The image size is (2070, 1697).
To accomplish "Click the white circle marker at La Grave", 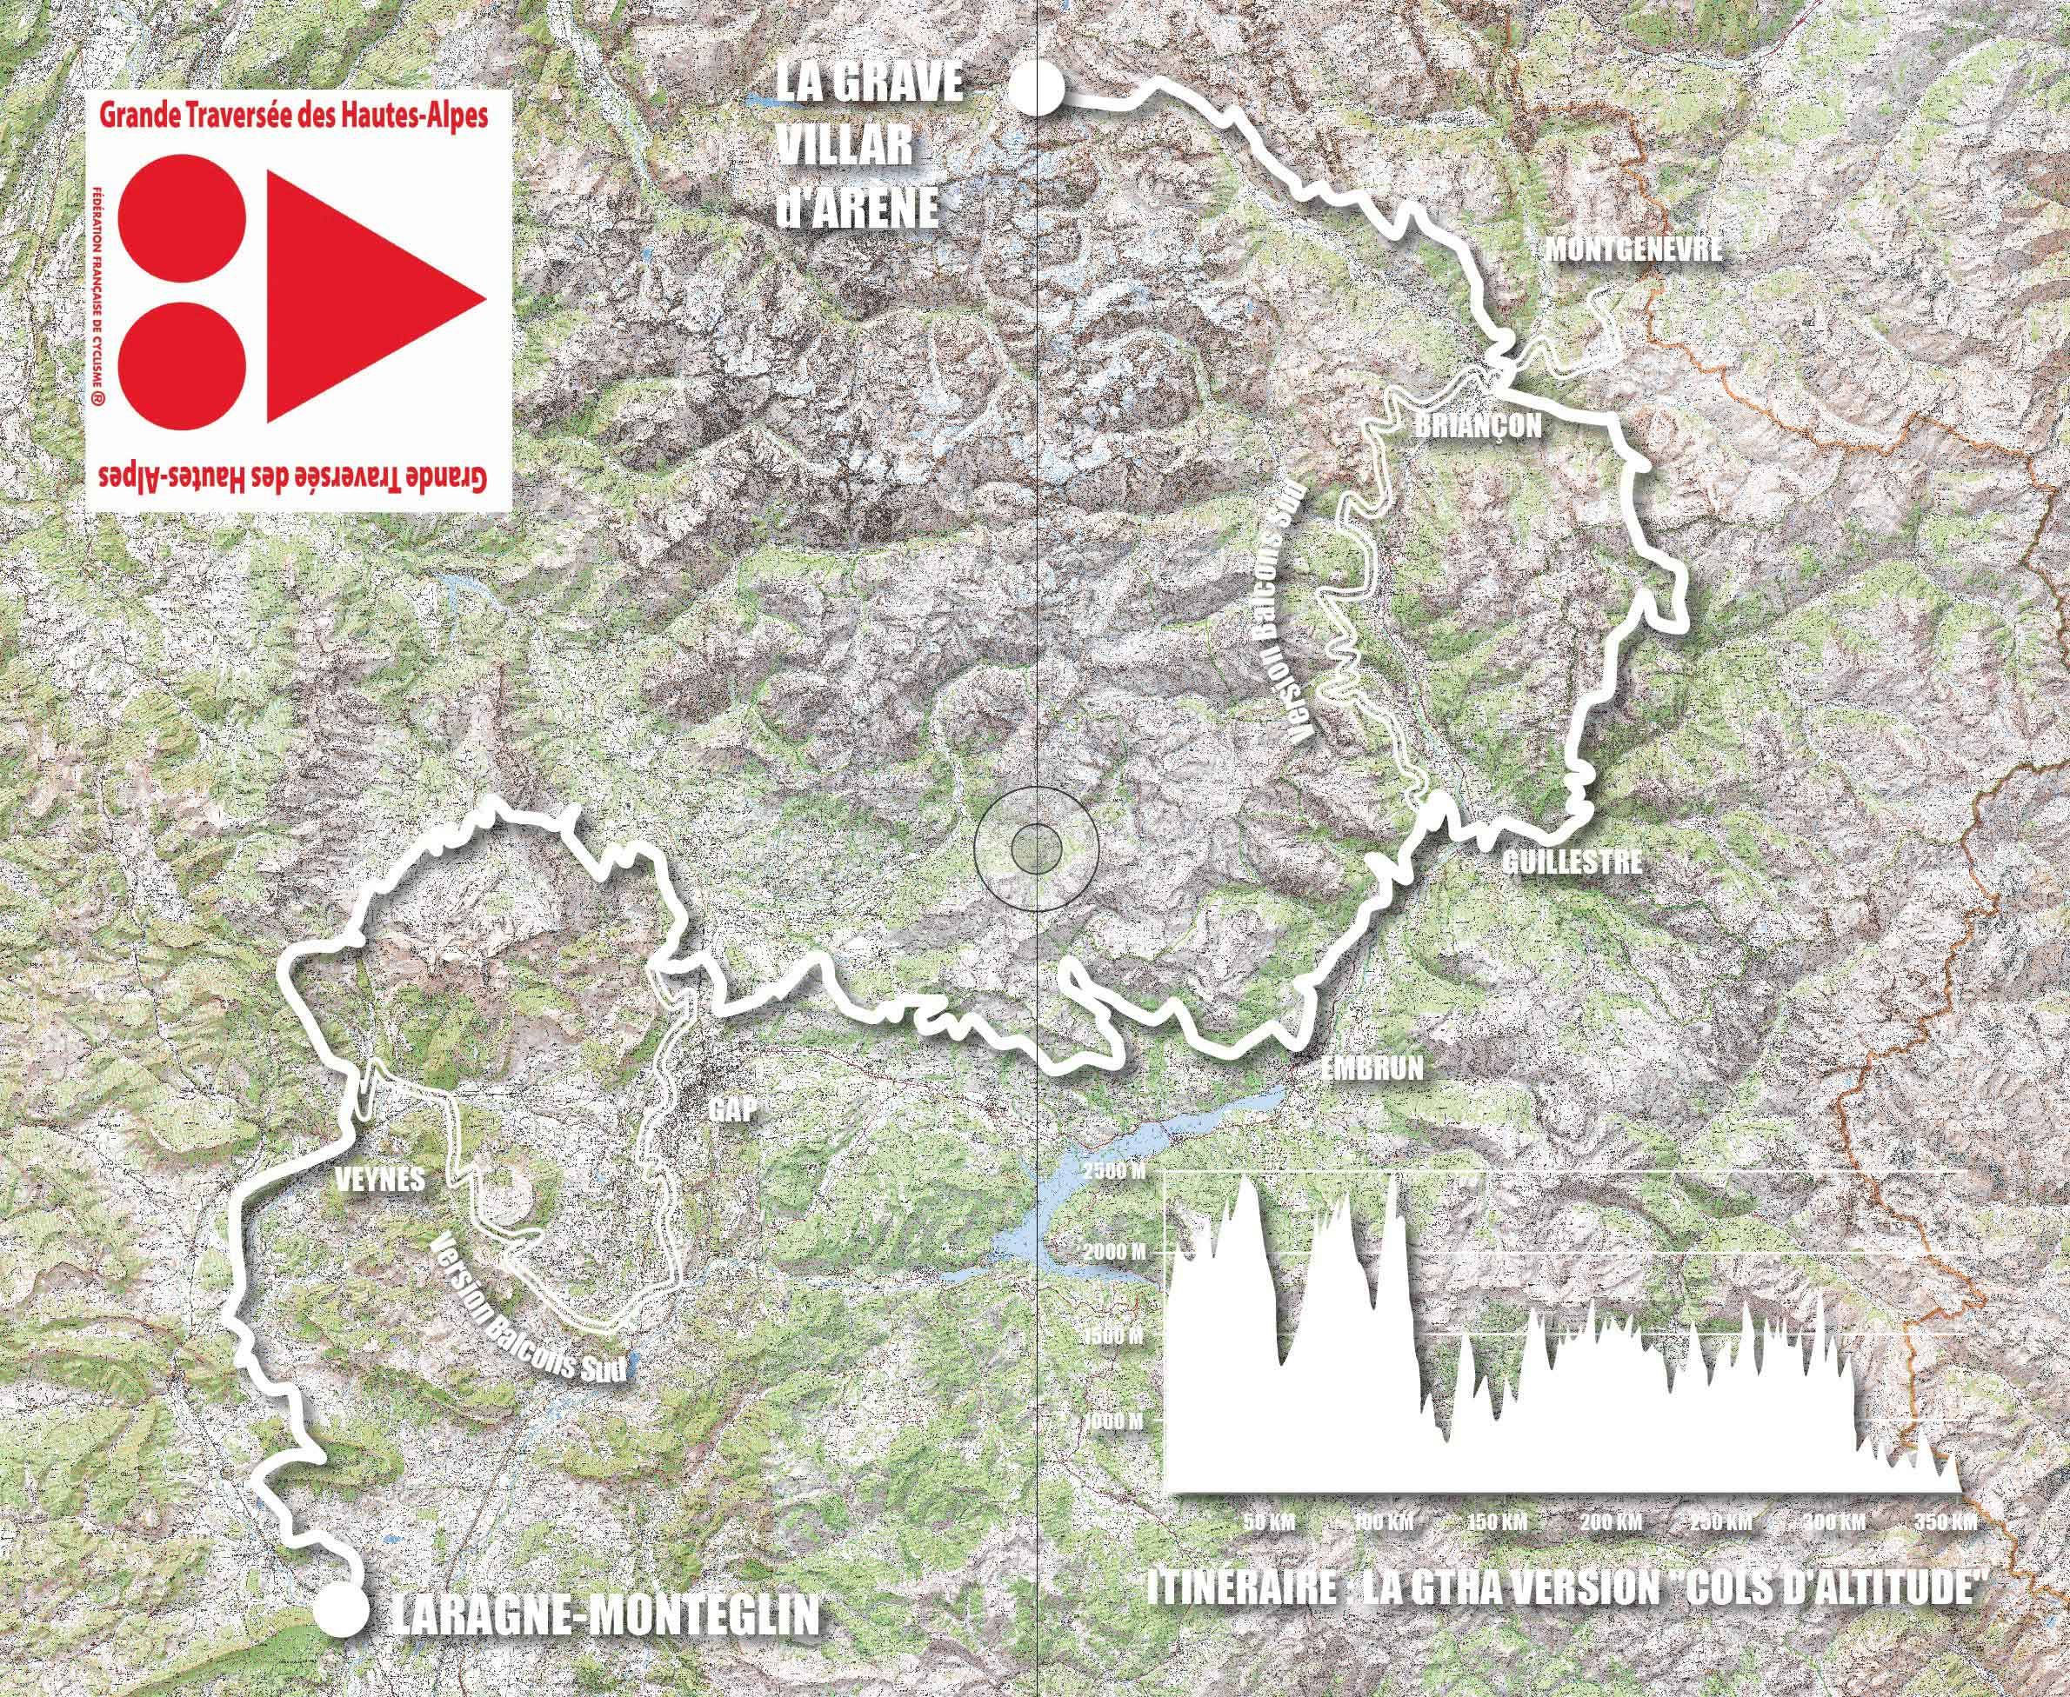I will click(x=1036, y=87).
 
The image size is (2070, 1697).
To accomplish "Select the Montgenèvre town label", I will click(x=1632, y=250).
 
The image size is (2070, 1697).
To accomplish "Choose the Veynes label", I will click(x=379, y=1179).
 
